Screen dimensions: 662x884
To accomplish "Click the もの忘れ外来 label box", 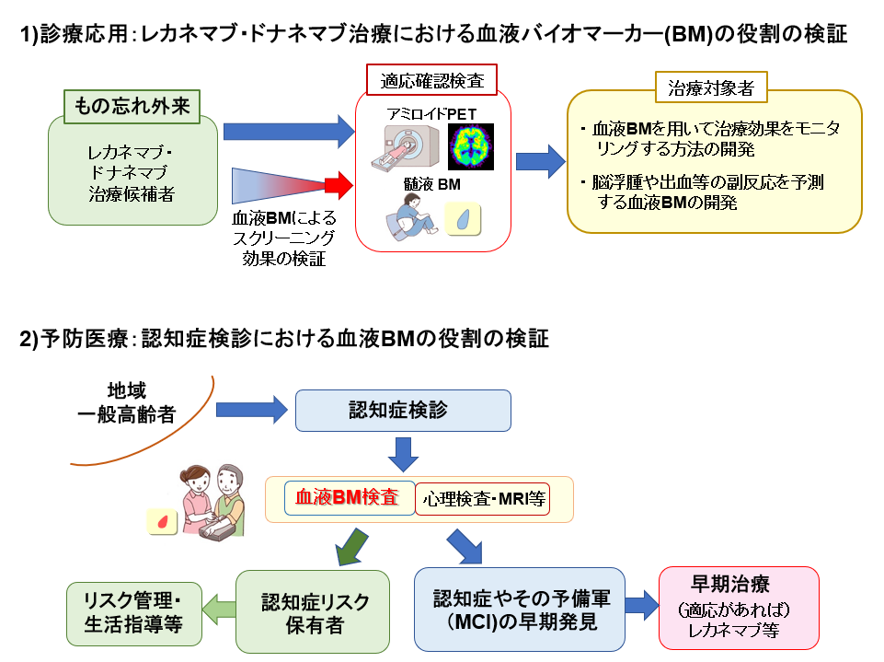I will (132, 105).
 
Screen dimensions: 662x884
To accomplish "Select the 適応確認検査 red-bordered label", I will (431, 79).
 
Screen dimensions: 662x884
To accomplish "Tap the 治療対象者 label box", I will (711, 88).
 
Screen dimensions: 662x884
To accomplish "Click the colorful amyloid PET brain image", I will (470, 145).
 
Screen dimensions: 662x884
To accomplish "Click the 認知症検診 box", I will (402, 410).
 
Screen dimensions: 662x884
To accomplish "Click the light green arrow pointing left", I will (219, 608).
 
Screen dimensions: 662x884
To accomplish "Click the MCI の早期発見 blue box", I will (521, 609).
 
